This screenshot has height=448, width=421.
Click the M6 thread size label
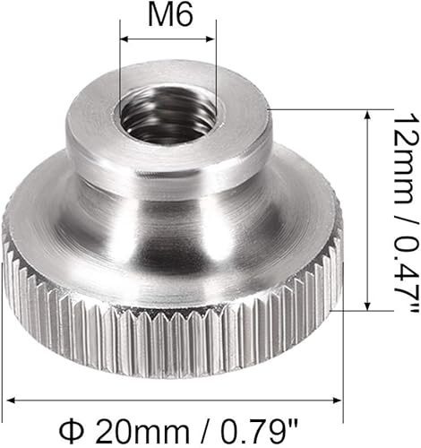170,15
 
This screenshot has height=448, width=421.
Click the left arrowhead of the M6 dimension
124,39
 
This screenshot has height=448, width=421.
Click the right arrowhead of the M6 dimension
210,39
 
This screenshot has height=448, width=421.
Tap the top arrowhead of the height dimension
368,115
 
